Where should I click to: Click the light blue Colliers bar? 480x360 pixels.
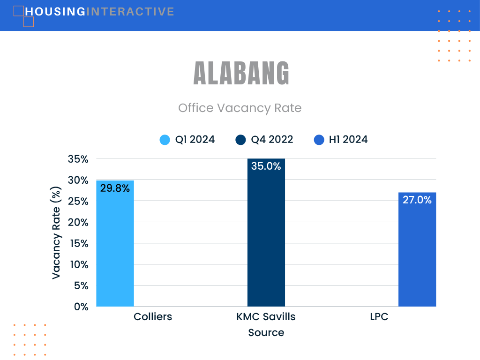click(115, 243)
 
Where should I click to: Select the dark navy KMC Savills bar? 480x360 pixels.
click(266, 232)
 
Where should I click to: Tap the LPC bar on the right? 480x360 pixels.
click(417, 249)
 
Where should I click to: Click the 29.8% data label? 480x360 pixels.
click(115, 188)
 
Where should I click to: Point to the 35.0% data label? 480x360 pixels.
click(266, 166)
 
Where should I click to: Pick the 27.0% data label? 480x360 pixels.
click(417, 200)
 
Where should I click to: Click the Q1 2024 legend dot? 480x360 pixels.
click(165, 140)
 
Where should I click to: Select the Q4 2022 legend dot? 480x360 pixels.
click(240, 140)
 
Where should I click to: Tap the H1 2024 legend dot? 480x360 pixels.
click(319, 140)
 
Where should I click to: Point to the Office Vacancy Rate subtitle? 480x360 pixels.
click(240, 108)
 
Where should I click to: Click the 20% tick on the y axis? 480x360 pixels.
click(78, 222)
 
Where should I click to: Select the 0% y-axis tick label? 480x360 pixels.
click(81, 307)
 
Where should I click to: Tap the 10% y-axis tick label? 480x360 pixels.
click(79, 264)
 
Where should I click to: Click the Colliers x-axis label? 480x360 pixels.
click(153, 316)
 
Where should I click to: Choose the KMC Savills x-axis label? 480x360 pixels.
click(266, 316)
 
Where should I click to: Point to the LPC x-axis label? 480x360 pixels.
click(379, 316)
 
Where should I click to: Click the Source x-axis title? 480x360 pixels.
click(266, 332)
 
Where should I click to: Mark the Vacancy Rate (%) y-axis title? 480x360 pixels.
click(56, 232)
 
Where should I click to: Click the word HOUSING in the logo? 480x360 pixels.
click(55, 12)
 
